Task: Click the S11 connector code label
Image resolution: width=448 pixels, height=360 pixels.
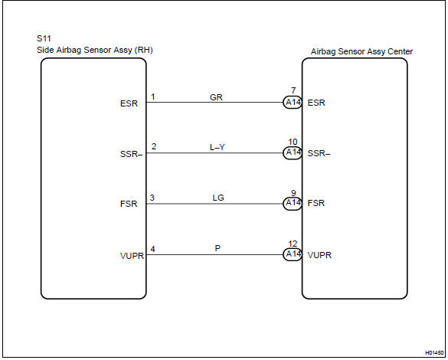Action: (x=44, y=38)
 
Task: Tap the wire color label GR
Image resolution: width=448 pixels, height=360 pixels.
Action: (x=216, y=97)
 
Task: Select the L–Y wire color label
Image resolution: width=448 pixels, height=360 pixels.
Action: (x=217, y=147)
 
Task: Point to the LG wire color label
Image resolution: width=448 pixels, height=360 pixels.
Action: (x=218, y=198)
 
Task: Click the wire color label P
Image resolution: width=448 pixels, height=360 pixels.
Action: (x=217, y=248)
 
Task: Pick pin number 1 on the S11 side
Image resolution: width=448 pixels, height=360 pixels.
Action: (x=153, y=97)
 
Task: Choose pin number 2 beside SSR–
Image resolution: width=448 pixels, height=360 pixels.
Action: (x=154, y=146)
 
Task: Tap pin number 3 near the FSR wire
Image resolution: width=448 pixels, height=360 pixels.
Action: (x=152, y=198)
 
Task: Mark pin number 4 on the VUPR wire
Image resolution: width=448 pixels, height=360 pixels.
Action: (x=153, y=249)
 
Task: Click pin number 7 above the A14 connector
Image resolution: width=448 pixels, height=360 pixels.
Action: (x=293, y=90)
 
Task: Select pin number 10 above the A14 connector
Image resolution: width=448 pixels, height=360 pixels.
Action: (x=293, y=142)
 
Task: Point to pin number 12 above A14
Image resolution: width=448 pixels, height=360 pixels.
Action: (x=293, y=244)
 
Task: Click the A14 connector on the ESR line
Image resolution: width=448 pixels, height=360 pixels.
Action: (x=293, y=103)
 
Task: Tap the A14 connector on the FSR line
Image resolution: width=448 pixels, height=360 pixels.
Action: (x=293, y=204)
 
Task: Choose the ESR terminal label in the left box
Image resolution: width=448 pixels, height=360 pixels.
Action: (x=129, y=103)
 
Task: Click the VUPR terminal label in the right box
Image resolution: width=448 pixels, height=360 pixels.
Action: (x=319, y=255)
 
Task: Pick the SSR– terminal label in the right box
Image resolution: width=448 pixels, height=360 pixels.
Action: (x=319, y=153)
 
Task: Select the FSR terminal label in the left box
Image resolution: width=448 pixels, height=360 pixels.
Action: (x=129, y=204)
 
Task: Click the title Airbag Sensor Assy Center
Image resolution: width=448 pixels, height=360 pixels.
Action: (x=361, y=52)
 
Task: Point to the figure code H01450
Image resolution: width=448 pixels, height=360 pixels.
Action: (x=434, y=353)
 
